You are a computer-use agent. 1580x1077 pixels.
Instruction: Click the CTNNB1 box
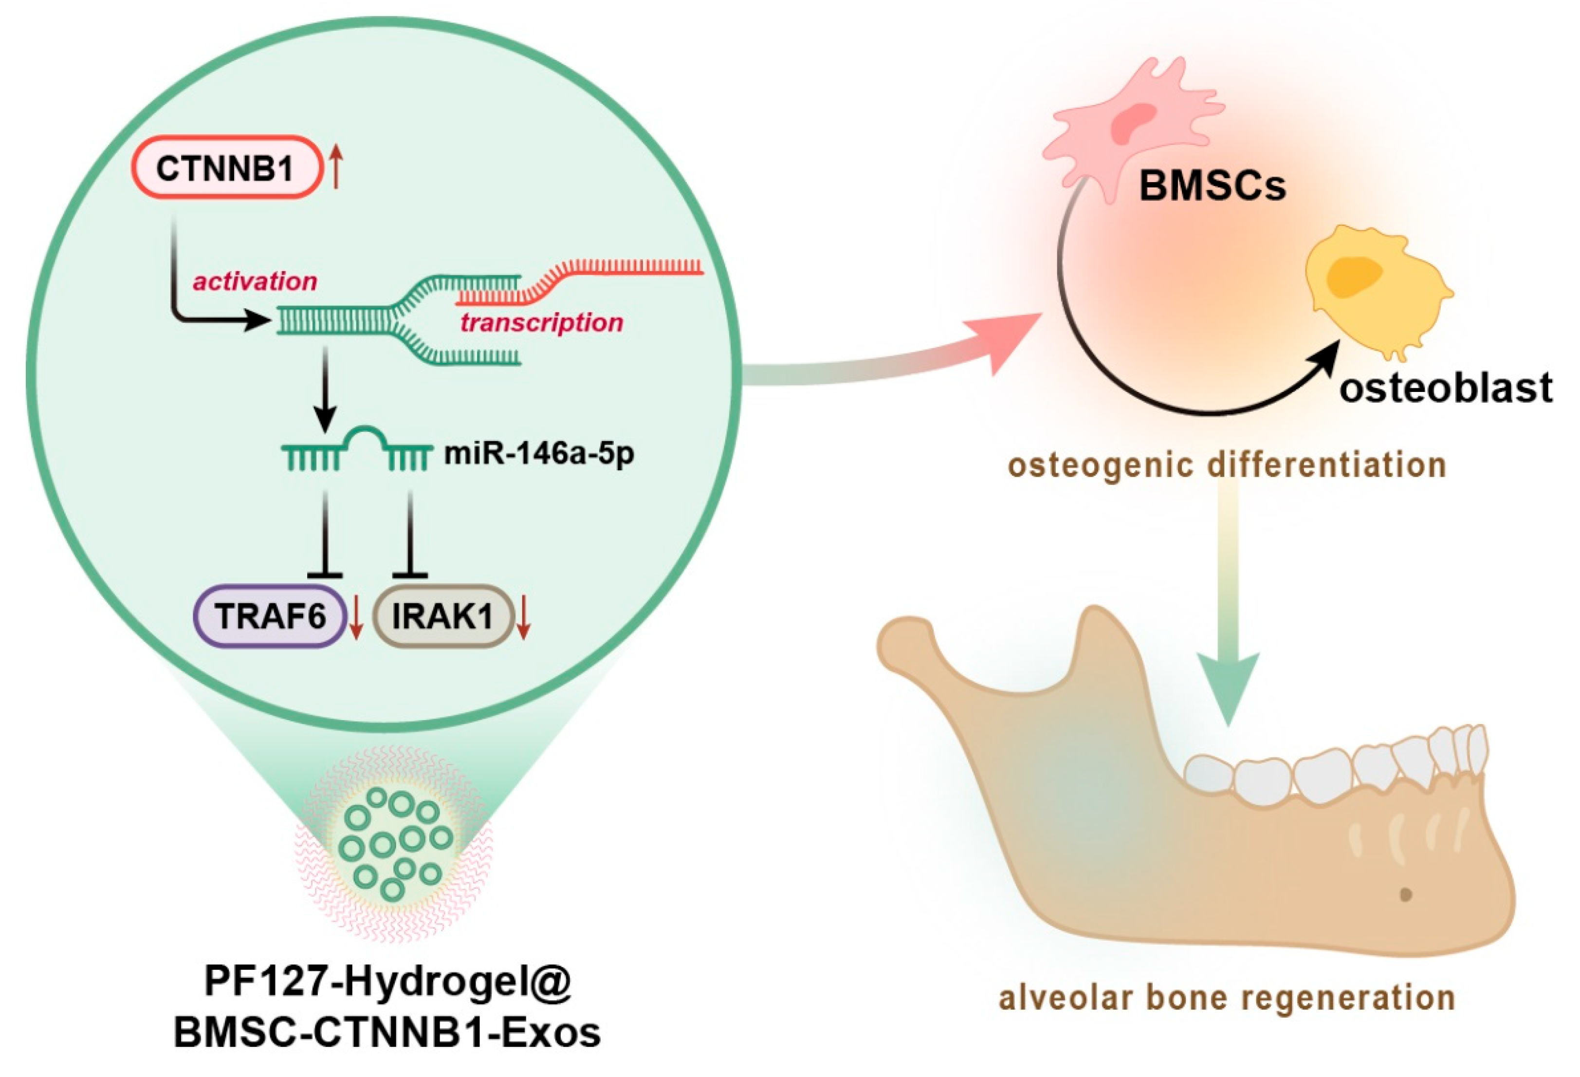click(226, 168)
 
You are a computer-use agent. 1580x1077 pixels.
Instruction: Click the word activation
click(255, 281)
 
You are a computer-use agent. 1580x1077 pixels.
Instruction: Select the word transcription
click(541, 322)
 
